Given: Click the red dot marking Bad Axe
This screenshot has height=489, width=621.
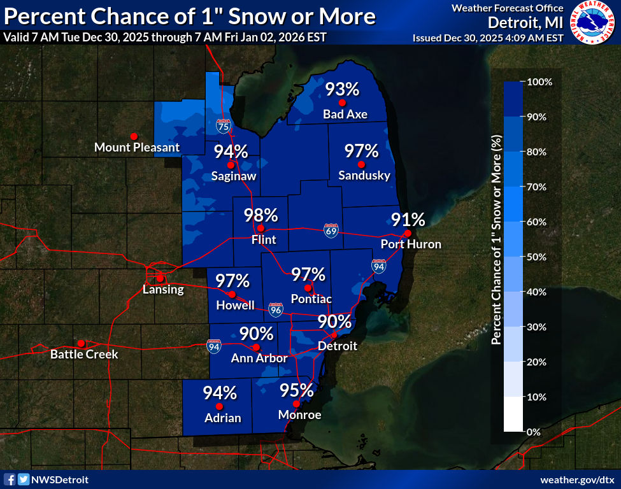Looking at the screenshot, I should [342, 103].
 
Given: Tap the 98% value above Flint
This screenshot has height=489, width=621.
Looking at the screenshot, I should [261, 215].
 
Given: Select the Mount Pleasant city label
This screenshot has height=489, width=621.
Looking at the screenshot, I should [137, 148].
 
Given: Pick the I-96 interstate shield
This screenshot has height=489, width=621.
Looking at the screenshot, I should [275, 309].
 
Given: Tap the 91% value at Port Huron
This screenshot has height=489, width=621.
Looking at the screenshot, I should [408, 220].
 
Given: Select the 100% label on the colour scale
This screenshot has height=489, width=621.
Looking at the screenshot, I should [539, 82].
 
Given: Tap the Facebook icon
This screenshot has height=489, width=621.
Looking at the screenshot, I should [10, 479].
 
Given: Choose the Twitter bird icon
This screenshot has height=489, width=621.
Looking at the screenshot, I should [23, 479].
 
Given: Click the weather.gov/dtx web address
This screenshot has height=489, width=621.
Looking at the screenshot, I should [577, 479].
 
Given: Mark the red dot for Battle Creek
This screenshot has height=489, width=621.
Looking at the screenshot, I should [81, 343].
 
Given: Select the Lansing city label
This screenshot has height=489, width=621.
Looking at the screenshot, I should [163, 290].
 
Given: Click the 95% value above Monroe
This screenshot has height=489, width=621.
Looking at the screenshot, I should [297, 390].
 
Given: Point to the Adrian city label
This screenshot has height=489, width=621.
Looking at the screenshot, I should [222, 418].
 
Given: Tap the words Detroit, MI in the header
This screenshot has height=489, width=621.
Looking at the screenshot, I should [525, 22].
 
